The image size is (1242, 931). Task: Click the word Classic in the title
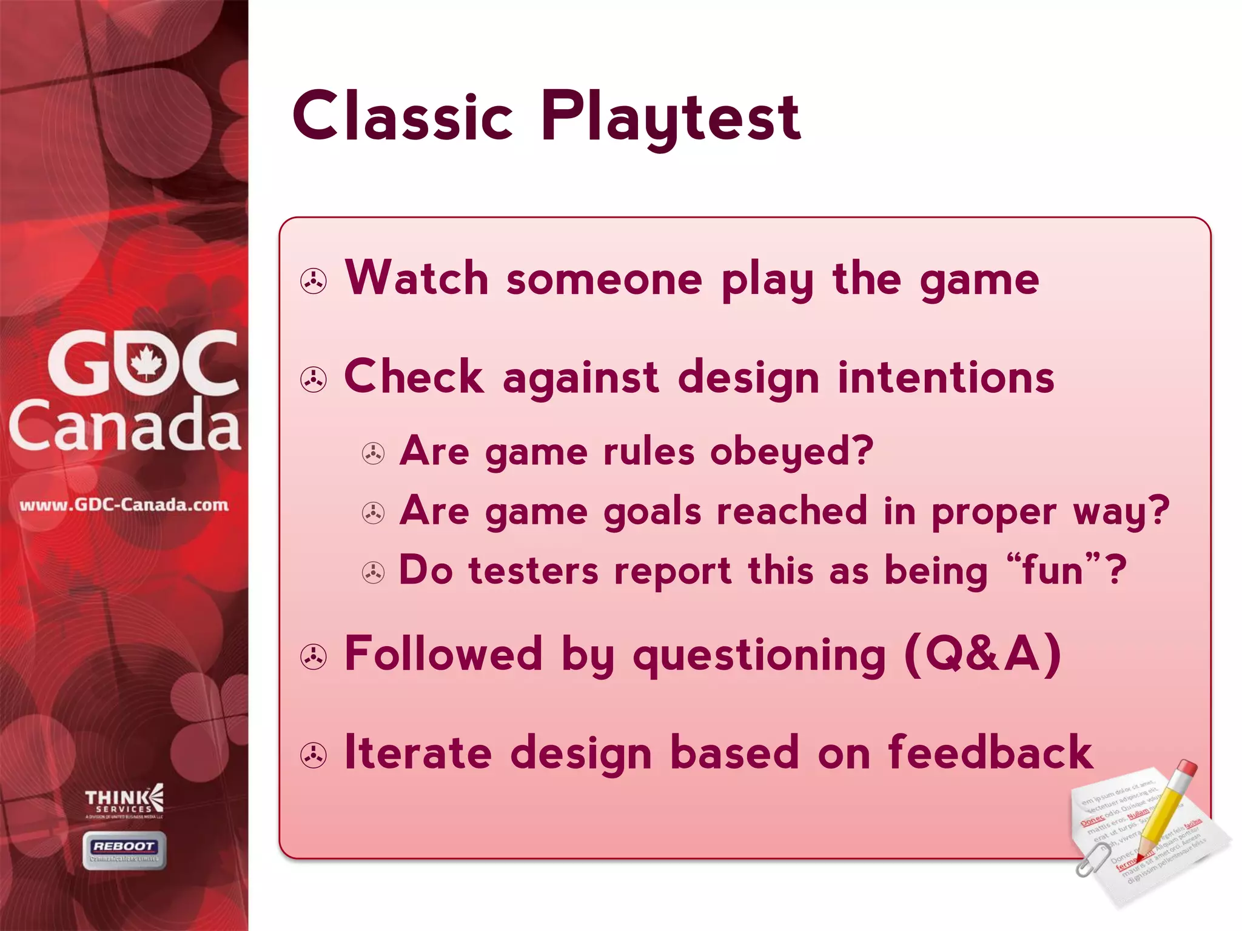[403, 116]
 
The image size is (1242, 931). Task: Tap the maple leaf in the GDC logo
[146, 362]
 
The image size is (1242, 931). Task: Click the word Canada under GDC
[125, 425]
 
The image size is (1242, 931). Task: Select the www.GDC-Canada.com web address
[124, 505]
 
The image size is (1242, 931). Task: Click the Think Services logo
[124, 801]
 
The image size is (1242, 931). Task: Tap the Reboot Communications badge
[124, 850]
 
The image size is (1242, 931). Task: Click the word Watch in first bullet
[416, 279]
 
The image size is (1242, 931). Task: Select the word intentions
[946, 378]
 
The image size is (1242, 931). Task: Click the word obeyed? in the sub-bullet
[791, 452]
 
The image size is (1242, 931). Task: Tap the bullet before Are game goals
[373, 513]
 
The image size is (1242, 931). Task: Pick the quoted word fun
[1052, 570]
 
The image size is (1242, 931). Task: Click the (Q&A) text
[982, 655]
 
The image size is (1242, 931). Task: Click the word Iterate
[418, 753]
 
